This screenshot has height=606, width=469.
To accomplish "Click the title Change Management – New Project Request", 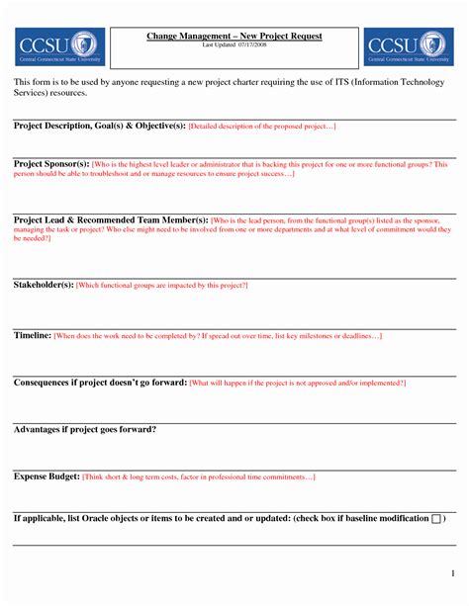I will [234, 36].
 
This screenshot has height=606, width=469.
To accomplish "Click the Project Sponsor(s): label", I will [51, 163].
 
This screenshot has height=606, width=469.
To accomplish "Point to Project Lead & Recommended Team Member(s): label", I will [111, 218].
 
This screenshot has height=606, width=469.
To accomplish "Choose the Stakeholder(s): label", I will [44, 285].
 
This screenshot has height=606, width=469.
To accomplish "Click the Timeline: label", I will [33, 336].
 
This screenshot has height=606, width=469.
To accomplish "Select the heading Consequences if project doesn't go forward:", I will [100, 382].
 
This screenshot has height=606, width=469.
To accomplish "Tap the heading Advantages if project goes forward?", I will [85, 429].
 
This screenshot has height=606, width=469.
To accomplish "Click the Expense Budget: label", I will [47, 476].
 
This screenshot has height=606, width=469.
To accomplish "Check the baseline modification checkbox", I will [436, 519].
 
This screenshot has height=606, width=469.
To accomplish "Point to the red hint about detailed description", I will [262, 128].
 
